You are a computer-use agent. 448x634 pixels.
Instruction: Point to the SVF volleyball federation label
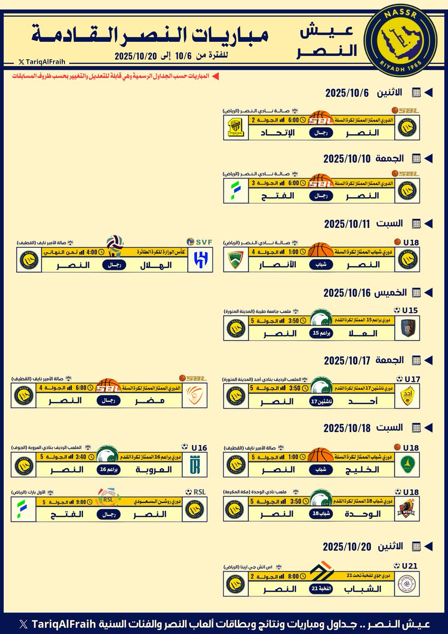202,242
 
